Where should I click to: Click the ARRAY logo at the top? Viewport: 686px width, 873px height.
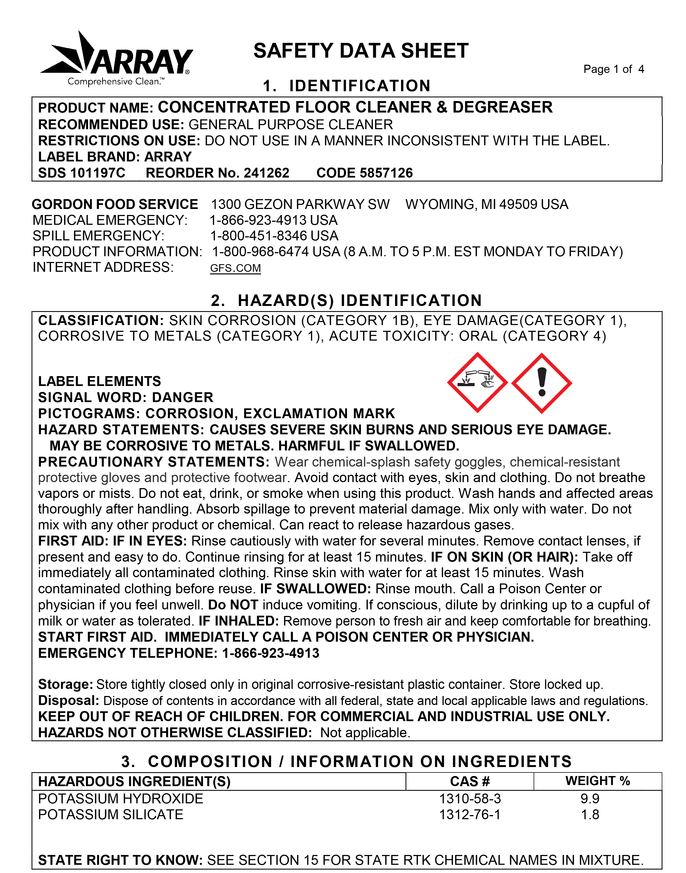pyautogui.click(x=116, y=58)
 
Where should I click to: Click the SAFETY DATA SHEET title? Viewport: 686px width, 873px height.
pyautogui.click(x=361, y=51)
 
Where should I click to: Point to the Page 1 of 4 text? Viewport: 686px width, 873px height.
pyautogui.click(x=613, y=69)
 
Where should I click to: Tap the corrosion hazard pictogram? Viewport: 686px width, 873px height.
pyautogui.click(x=477, y=383)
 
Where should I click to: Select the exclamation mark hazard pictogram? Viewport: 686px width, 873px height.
pyautogui.click(x=541, y=383)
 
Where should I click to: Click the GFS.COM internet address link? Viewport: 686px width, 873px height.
pyautogui.click(x=235, y=268)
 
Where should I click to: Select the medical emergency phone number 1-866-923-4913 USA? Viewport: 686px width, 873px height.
pyautogui.click(x=273, y=220)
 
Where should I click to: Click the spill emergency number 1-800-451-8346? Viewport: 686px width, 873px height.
pyautogui.click(x=260, y=236)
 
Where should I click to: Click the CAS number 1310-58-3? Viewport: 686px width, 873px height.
pyautogui.click(x=470, y=799)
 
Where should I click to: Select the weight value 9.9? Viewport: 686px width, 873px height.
pyautogui.click(x=590, y=799)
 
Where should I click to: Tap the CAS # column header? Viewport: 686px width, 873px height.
pyautogui.click(x=470, y=781)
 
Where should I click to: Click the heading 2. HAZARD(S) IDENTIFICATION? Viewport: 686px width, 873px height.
pyautogui.click(x=346, y=300)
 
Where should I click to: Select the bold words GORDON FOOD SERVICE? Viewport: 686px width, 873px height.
pyautogui.click(x=115, y=204)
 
